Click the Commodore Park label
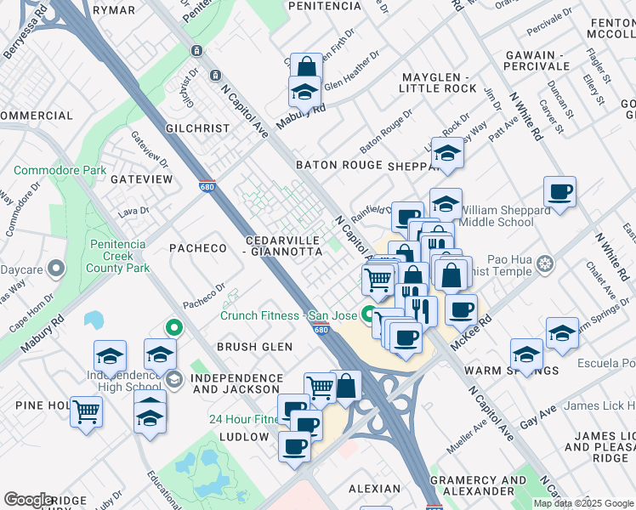click(x=60, y=170)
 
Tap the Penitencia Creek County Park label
click(x=118, y=255)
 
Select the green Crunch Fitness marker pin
click(x=369, y=314)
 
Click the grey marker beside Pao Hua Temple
click(x=545, y=263)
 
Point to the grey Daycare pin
click(x=57, y=269)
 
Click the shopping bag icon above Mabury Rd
click(x=305, y=67)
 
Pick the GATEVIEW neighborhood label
click(x=141, y=179)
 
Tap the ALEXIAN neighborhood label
click(x=374, y=489)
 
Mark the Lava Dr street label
click(x=133, y=210)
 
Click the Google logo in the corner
click(x=29, y=500)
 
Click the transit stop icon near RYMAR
click(x=196, y=51)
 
